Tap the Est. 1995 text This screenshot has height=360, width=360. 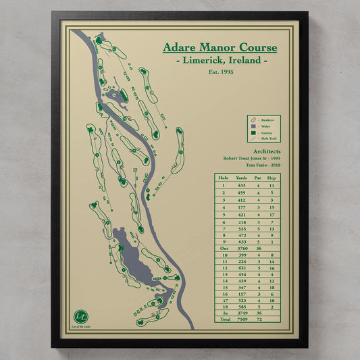point(220,72)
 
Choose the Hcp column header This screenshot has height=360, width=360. point(272,178)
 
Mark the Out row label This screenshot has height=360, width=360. point(224,249)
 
